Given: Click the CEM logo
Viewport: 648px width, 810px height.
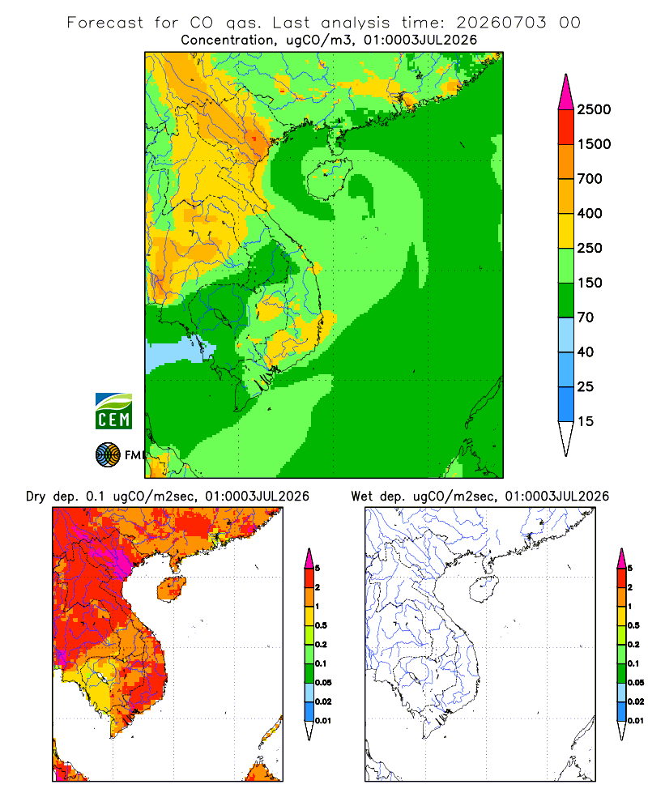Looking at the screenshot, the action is pos(113,411).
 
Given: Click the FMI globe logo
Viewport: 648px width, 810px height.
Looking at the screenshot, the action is pos(108,455).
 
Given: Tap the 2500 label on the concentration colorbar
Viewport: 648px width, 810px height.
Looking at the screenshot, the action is pos(594,109).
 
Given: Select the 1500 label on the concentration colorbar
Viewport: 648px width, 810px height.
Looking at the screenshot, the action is pos(594,144).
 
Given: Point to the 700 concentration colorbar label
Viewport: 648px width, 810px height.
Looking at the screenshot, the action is pos(590,179).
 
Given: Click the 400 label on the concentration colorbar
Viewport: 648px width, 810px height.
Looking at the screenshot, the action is pos(590,213).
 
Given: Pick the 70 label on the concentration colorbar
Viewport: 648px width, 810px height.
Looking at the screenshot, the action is pos(586,318).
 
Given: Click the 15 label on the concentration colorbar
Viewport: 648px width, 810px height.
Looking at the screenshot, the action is pos(586,421).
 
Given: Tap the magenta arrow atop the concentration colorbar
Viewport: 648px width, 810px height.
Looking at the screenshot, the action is pos(566,93).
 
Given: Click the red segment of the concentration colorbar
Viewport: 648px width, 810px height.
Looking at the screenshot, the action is pos(566,127).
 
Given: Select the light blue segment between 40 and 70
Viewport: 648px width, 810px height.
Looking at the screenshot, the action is pos(566,335).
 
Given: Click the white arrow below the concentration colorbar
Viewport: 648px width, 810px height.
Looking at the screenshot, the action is pos(566,437).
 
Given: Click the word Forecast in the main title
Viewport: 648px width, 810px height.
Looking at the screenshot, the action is pos(105,23).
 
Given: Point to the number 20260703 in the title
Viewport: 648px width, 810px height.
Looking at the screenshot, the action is pos(501,23).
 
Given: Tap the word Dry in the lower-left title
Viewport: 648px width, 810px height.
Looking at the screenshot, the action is pos(36,497).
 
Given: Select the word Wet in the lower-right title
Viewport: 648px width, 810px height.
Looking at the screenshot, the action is pos(362,497).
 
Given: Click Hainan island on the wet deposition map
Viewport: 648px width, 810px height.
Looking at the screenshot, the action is pos(484,589).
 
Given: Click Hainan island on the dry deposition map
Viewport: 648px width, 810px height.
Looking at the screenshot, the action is pos(171,589).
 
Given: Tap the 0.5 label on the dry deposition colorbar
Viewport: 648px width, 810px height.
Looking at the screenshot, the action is pos(321,625).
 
